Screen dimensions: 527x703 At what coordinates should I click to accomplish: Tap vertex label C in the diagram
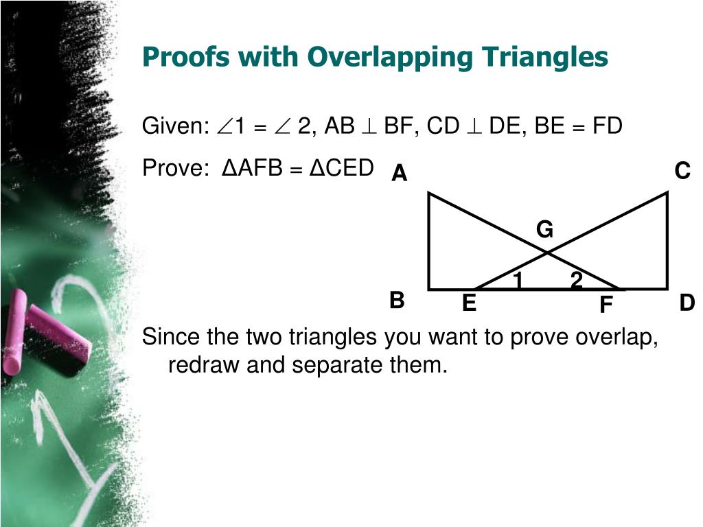pos(682,171)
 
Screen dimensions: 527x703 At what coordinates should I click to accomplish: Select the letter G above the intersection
pos(544,230)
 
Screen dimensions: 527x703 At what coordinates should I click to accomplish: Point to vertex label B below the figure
pos(397,301)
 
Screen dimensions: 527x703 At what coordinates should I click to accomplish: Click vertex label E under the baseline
pos(469,303)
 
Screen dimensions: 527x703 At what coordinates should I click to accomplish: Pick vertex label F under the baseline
pos(606,305)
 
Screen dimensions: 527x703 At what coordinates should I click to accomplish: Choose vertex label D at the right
pos(687,303)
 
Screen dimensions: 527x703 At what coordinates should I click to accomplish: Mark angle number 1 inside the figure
pos(518,280)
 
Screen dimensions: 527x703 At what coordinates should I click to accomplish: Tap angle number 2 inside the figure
pos(576,280)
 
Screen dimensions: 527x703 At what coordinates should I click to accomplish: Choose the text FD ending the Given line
pos(606,126)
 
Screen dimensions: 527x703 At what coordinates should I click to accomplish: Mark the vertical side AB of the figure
pos(429,240)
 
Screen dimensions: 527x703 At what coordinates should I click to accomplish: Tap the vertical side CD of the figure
pos(667,240)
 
